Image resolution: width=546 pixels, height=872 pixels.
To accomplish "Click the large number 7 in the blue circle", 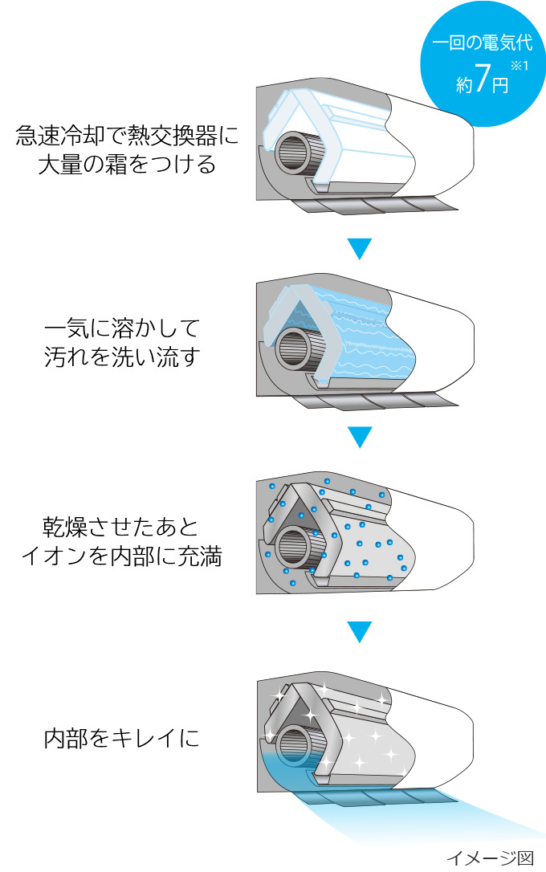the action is (x=483, y=77).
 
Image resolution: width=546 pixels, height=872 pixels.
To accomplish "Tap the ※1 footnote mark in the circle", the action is (x=520, y=66).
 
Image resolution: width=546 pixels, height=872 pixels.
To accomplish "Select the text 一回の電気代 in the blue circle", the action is (x=483, y=43).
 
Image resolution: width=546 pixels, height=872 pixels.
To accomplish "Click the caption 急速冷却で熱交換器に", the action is (x=128, y=135).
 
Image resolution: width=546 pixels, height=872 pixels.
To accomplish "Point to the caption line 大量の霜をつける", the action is (x=127, y=165).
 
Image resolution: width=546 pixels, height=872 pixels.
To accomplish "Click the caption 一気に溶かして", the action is (x=122, y=328).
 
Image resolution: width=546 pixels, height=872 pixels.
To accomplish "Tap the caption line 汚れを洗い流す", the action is (x=122, y=357).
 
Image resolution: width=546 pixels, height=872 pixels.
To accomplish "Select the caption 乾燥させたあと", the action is (x=120, y=528).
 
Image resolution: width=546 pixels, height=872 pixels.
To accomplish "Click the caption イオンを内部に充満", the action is (x=122, y=556).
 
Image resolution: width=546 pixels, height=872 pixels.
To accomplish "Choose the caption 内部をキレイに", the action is (x=122, y=739).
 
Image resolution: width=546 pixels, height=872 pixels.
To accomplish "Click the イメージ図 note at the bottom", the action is (x=490, y=858).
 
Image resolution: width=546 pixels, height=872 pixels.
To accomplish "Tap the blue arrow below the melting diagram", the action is (x=360, y=437).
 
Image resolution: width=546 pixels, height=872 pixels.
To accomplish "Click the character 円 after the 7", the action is (x=500, y=85).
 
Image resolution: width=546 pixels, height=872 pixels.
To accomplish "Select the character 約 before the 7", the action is (x=464, y=84).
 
